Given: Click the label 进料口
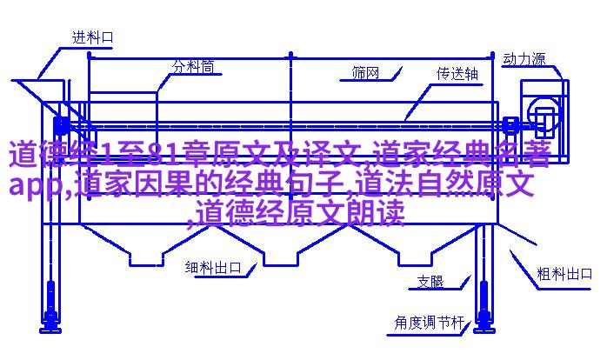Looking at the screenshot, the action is click(93, 37).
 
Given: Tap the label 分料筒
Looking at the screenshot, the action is click(193, 67).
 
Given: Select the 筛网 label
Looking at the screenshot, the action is click(365, 72).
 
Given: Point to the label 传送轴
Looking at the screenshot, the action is click(457, 74).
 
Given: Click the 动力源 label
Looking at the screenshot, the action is click(524, 59).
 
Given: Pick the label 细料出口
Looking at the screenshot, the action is click(213, 268).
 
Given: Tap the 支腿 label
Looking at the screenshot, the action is click(430, 282).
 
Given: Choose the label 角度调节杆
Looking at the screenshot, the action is click(430, 323).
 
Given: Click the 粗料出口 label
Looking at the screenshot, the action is click(564, 274).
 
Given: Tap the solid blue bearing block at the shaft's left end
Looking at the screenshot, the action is click(61, 125).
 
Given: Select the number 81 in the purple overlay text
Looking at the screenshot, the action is click(163, 154).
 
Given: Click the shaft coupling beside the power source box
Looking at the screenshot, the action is click(510, 125).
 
